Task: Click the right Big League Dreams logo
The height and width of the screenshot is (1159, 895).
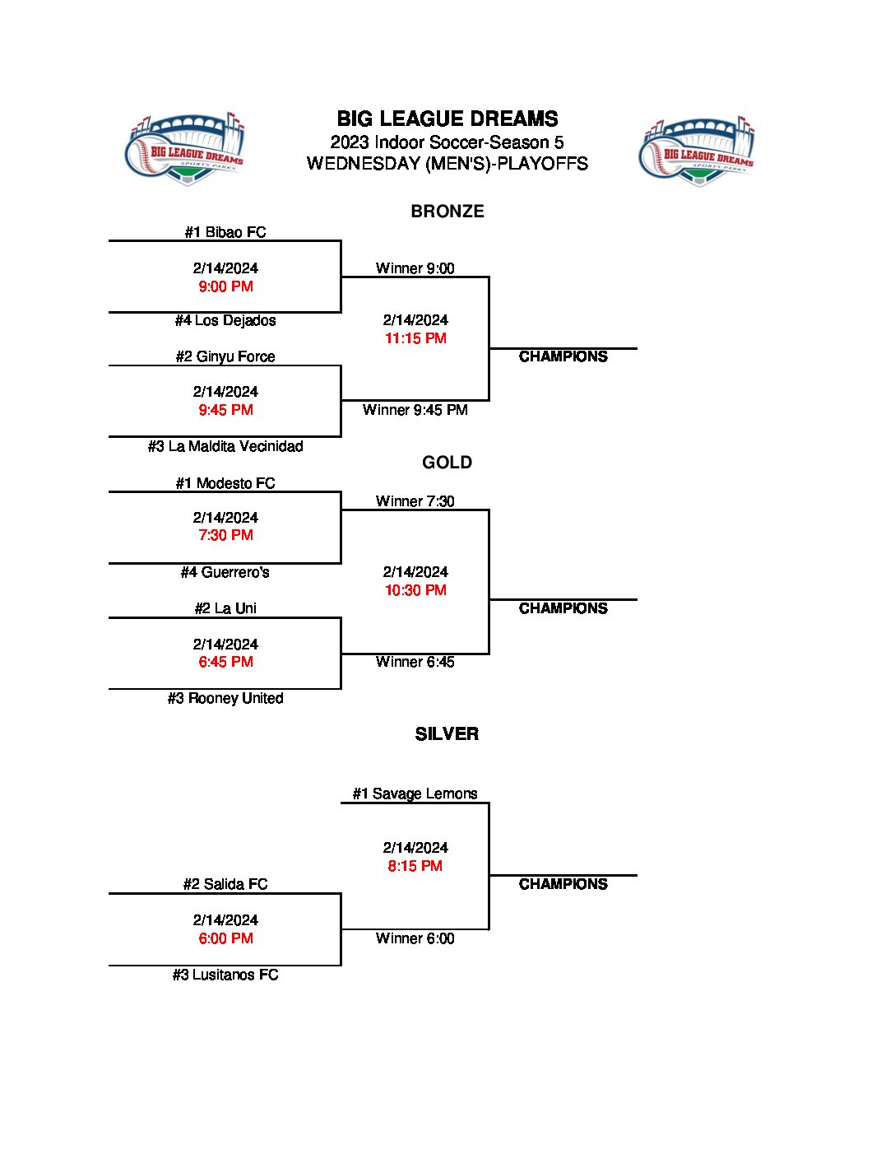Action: (x=698, y=151)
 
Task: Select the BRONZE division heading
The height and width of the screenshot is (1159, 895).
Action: (x=447, y=212)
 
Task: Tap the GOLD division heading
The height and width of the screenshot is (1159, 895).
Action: (x=447, y=463)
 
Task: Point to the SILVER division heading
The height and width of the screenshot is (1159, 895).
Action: (x=447, y=734)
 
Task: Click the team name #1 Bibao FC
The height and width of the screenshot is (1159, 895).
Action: (x=225, y=232)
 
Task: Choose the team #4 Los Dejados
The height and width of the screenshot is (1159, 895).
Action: (x=225, y=320)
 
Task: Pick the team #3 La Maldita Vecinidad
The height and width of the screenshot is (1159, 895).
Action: (x=225, y=446)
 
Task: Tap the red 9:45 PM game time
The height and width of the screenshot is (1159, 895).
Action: (x=225, y=410)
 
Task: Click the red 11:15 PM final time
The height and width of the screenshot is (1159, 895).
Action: (x=415, y=338)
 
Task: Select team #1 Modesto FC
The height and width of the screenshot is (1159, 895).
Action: (x=225, y=483)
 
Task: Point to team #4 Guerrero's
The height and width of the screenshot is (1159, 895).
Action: (x=225, y=572)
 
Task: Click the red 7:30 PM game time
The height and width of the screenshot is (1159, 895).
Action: (x=225, y=535)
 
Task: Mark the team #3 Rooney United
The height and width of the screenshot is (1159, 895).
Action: (x=225, y=698)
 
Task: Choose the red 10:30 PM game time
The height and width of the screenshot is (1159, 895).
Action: (x=415, y=590)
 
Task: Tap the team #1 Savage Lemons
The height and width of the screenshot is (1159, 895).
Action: (x=415, y=794)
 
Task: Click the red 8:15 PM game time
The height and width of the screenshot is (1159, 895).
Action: (x=415, y=866)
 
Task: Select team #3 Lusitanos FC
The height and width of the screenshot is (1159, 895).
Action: (x=225, y=975)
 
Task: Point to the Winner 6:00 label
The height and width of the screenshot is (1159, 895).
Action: (x=415, y=938)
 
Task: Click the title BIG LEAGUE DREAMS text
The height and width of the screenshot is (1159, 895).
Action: (x=447, y=119)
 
